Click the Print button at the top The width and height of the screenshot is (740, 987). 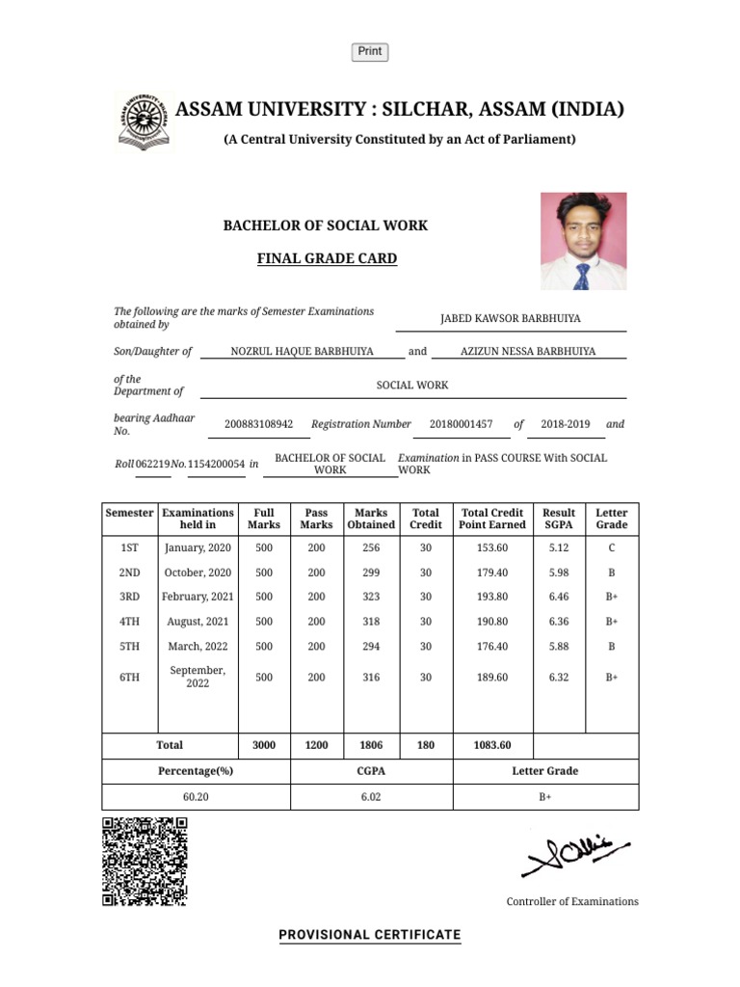pyautogui.click(x=370, y=52)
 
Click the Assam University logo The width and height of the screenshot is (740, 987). pyautogui.click(x=144, y=121)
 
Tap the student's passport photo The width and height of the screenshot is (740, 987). pyautogui.click(x=583, y=241)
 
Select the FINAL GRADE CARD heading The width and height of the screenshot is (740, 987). pyautogui.click(x=326, y=258)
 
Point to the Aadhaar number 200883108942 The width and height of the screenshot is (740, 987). pyautogui.click(x=258, y=424)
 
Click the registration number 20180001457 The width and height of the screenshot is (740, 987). pyautogui.click(x=461, y=424)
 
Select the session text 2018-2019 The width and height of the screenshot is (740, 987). pyautogui.click(x=567, y=424)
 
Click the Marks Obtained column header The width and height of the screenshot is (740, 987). pyautogui.click(x=371, y=519)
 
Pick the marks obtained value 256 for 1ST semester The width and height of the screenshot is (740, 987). pyautogui.click(x=371, y=547)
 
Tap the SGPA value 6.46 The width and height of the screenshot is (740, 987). pyautogui.click(x=559, y=597)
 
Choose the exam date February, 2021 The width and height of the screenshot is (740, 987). pyautogui.click(x=198, y=597)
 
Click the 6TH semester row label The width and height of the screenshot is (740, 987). pyautogui.click(x=129, y=678)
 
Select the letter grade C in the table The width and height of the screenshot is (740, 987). pyautogui.click(x=611, y=547)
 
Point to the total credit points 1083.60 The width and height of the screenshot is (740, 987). pyautogui.click(x=492, y=745)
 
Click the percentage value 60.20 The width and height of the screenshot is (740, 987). pyautogui.click(x=196, y=797)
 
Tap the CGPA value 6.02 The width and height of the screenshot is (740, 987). pyautogui.click(x=371, y=797)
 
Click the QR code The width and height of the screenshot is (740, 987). pyautogui.click(x=145, y=861)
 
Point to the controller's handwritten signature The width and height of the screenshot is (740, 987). pyautogui.click(x=574, y=853)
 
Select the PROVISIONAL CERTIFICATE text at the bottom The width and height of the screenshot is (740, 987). pyautogui.click(x=370, y=935)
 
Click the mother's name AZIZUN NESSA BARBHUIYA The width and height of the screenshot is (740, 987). pyautogui.click(x=528, y=352)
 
